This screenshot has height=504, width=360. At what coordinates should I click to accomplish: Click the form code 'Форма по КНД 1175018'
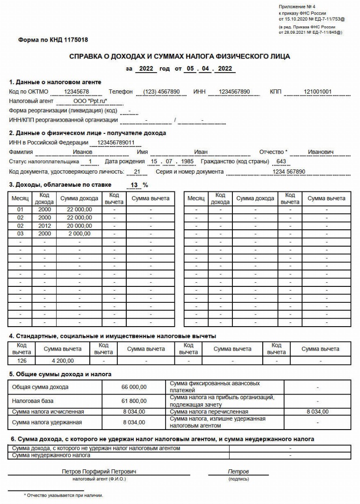pyautogui.click(x=53, y=40)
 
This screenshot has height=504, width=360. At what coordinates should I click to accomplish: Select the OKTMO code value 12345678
pyautogui.click(x=77, y=92)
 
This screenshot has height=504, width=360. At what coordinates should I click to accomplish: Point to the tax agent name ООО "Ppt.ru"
pyautogui.click(x=91, y=101)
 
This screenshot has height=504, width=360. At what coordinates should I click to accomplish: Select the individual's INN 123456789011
pyautogui.click(x=116, y=143)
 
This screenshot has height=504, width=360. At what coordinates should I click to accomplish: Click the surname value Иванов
pyautogui.click(x=83, y=152)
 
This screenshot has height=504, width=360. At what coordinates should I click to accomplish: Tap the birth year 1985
pyautogui.click(x=187, y=162)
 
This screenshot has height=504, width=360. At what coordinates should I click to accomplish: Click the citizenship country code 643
pyautogui.click(x=281, y=162)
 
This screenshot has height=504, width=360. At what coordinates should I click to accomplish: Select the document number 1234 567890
pyautogui.click(x=289, y=172)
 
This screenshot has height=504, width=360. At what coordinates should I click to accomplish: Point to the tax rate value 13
pyautogui.click(x=135, y=185)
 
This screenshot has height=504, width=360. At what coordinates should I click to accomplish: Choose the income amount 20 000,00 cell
pyautogui.click(x=79, y=226)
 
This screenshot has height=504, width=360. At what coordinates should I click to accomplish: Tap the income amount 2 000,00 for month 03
pyautogui.click(x=79, y=234)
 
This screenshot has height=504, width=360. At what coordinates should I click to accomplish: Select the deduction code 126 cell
pyautogui.click(x=22, y=361)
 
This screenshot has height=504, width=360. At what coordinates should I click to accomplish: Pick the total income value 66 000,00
pyautogui.click(x=135, y=387)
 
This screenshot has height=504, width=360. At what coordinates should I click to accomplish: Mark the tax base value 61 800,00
pyautogui.click(x=135, y=401)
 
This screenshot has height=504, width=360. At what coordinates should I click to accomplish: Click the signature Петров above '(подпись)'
pyautogui.click(x=238, y=472)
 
